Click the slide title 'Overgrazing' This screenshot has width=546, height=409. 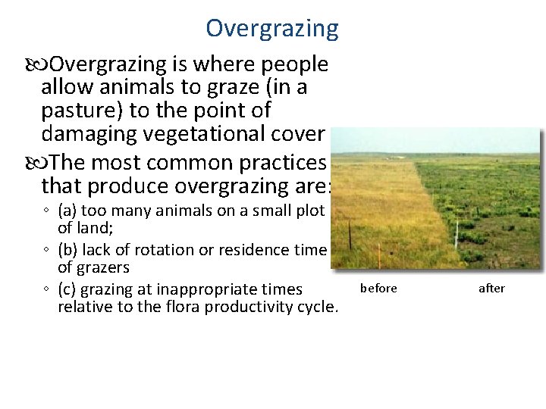tap(272, 29)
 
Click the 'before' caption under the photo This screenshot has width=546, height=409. tap(378, 288)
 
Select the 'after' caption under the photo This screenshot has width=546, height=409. tap(491, 288)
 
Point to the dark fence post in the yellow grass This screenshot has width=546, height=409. tap(350, 234)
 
